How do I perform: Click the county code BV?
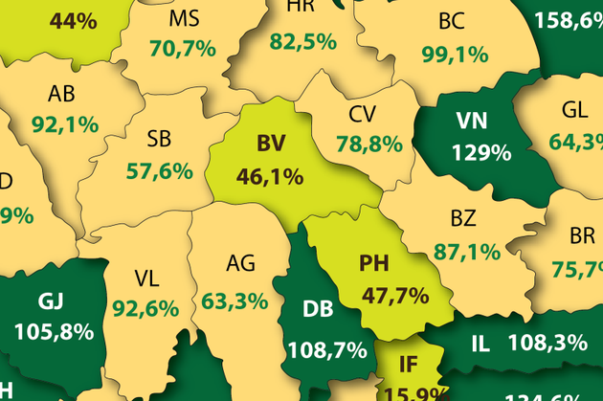pyautogui.click(x=271, y=145)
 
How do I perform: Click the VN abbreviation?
pyautogui.click(x=471, y=121)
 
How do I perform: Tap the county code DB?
pyautogui.click(x=318, y=309)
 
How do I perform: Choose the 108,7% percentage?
pyautogui.click(x=327, y=349)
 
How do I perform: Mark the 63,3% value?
pyautogui.click(x=234, y=301)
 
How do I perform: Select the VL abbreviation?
pyautogui.click(x=146, y=278)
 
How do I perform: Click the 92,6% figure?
pyautogui.click(x=145, y=308)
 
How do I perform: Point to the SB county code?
pyautogui.click(x=160, y=141)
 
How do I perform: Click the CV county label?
pyautogui.click(x=361, y=115)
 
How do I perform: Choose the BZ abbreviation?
pyautogui.click(x=462, y=218)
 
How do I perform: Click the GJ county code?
pyautogui.click(x=53, y=301)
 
